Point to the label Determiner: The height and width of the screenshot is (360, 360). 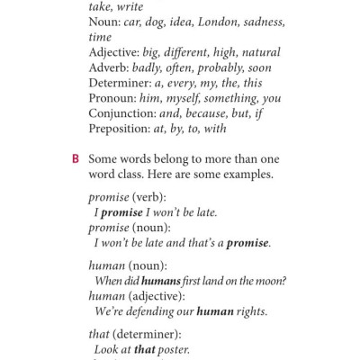[x=121, y=84]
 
